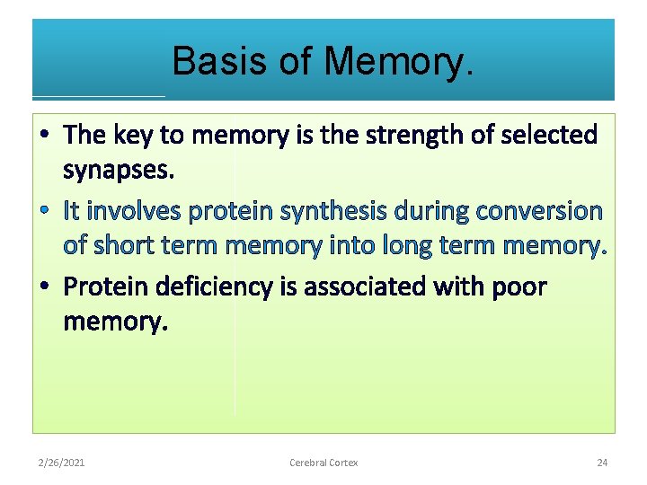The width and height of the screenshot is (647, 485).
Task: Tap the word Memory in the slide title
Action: point(397,62)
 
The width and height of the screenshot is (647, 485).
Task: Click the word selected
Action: point(547,136)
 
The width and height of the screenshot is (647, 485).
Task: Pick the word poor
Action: point(518,287)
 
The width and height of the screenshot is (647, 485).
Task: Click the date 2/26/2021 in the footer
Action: point(62,463)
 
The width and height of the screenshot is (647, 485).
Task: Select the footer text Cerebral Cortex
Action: point(323,463)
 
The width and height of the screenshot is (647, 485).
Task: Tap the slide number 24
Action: point(602,463)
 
